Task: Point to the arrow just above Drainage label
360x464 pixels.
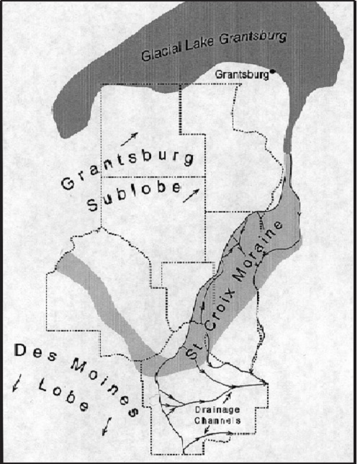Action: tap(228, 396)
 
